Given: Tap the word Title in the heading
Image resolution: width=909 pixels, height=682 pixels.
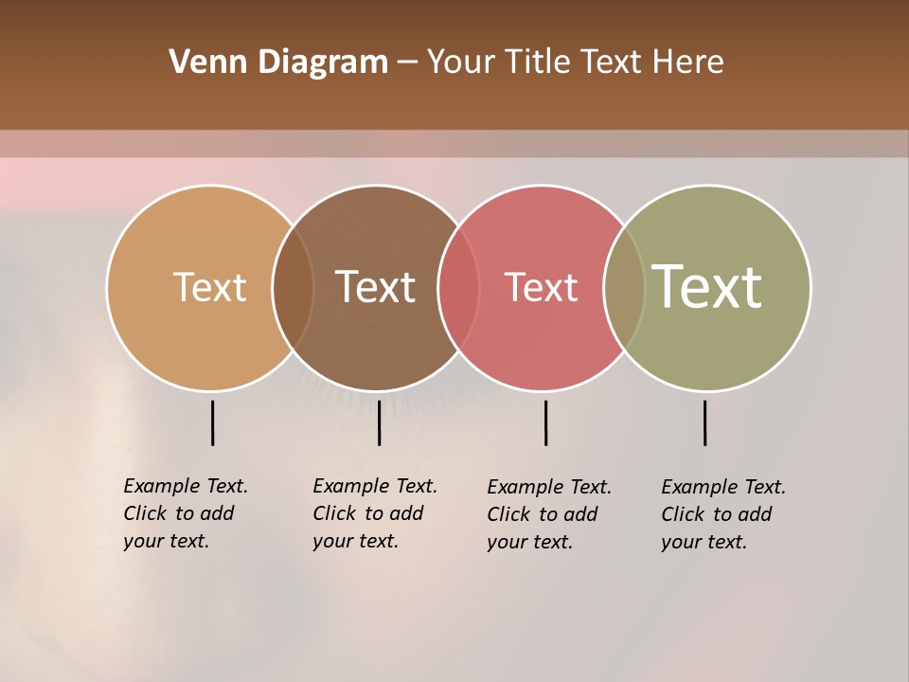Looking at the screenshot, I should click(538, 63).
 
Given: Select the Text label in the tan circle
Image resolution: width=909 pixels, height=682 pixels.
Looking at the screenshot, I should click(209, 287).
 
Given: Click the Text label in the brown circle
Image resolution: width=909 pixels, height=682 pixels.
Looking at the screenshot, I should click(375, 287).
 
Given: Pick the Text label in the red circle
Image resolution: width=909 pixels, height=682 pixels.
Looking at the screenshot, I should click(541, 287).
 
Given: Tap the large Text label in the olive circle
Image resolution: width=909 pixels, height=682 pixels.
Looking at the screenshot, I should click(706, 287).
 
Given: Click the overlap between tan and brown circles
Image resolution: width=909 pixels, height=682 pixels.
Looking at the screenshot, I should click(293, 288).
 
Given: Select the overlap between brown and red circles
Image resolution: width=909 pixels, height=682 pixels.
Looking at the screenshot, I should click(458, 288).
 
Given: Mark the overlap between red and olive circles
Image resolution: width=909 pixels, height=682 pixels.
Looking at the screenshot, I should click(624, 288).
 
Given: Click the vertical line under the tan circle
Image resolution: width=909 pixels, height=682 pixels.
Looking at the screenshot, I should click(212, 422).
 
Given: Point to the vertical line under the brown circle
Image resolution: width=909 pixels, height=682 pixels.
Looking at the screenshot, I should click(379, 422).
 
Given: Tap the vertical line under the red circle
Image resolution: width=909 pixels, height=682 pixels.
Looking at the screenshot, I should click(545, 422).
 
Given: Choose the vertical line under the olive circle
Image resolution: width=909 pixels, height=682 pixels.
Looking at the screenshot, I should click(704, 422).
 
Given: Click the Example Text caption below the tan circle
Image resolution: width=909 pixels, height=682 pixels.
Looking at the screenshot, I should click(186, 513).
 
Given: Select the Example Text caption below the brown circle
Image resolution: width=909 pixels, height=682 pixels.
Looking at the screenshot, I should click(375, 513).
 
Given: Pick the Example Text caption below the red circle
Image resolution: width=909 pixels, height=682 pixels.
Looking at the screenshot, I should click(549, 514).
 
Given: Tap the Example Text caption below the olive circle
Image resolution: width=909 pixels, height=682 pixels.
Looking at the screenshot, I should click(723, 514).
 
